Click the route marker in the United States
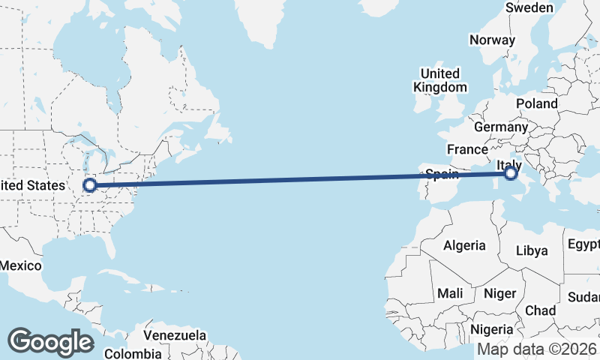pyautogui.click(x=90, y=184)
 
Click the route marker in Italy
pyautogui.click(x=511, y=174)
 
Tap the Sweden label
pyautogui.click(x=529, y=7)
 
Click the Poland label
pyautogui.click(x=536, y=103)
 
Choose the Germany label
pyautogui.click(x=501, y=127)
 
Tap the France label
pyautogui.click(x=467, y=148)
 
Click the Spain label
pyautogui.click(x=442, y=174)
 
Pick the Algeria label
pyautogui.click(x=464, y=245)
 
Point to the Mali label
pyautogui.click(x=450, y=293)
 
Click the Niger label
pyautogui.click(x=500, y=293)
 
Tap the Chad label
pyautogui.click(x=541, y=310)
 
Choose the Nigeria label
pyautogui.click(x=492, y=329)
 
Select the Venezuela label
pyautogui.click(x=175, y=334)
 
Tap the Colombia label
pyautogui.click(x=133, y=353)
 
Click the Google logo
pyautogui.click(x=50, y=342)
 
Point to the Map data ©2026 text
pyautogui.click(x=537, y=349)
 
